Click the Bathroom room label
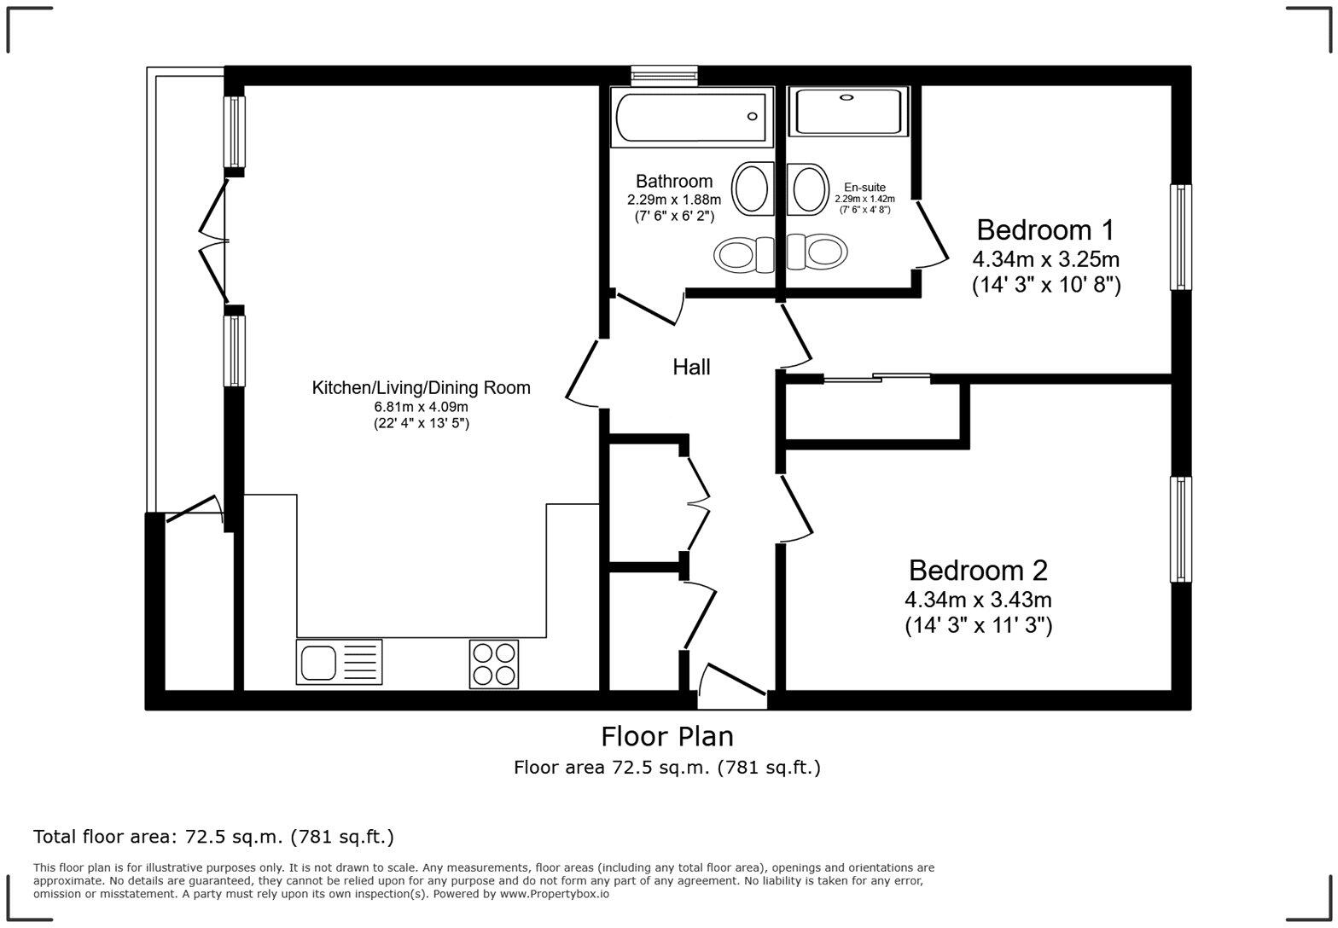(x=673, y=181)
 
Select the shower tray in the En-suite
(x=846, y=112)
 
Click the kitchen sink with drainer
(x=339, y=662)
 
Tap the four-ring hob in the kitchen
(x=493, y=664)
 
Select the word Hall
(x=691, y=367)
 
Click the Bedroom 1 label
(x=1045, y=229)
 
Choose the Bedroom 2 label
(x=978, y=570)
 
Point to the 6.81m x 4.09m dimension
(x=421, y=407)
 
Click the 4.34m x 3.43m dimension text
(x=978, y=600)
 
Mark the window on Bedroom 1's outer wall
(x=1180, y=237)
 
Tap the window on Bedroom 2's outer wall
(x=1180, y=529)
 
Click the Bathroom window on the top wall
(x=664, y=76)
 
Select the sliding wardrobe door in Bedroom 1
(x=876, y=377)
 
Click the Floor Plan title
(x=666, y=736)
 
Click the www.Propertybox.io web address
(x=554, y=894)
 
